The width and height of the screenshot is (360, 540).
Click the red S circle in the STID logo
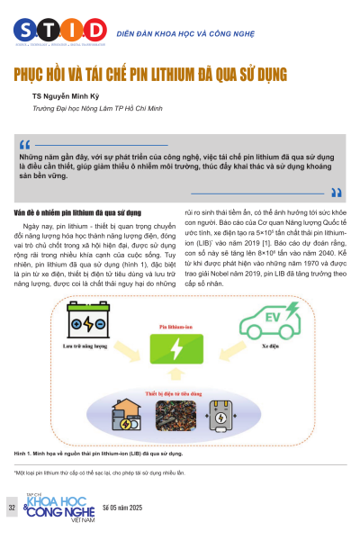(24, 27)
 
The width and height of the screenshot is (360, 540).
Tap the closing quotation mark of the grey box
(336, 191)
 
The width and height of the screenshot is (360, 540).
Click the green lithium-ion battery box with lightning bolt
(177, 346)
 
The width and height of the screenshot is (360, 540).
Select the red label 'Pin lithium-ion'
(177, 326)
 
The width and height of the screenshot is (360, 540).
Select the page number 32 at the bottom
(12, 508)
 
